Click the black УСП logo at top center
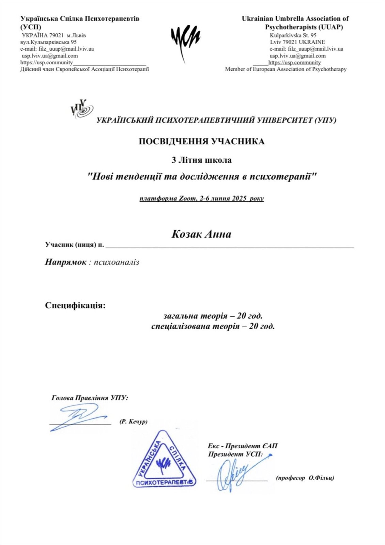point(185,40)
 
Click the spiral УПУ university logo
point(82,109)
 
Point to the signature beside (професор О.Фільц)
point(237,473)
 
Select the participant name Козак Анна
point(201,234)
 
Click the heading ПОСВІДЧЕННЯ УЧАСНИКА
point(201,142)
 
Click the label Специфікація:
point(75,305)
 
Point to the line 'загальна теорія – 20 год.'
point(213,316)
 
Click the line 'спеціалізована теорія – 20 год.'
point(213,327)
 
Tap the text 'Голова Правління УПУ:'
point(90,398)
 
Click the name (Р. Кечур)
point(133,422)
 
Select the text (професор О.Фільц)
point(305,478)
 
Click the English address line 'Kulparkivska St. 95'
point(293,35)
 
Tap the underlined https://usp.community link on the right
point(294,63)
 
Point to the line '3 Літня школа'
point(201,160)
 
